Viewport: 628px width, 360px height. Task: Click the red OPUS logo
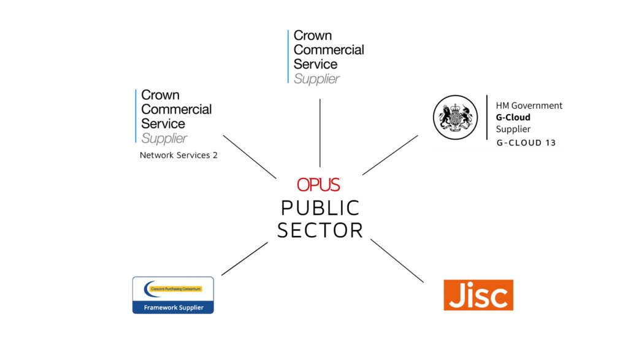(x=318, y=184)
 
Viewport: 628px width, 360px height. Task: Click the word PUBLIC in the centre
(x=320, y=208)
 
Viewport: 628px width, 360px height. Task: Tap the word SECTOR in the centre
(x=320, y=231)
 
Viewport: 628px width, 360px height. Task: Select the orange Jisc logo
(x=478, y=295)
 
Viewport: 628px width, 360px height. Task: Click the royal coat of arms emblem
(x=456, y=117)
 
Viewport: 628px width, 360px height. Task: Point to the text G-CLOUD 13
(x=526, y=143)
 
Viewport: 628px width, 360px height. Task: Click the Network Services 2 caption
(x=178, y=155)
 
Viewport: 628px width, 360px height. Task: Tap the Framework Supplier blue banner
(x=173, y=307)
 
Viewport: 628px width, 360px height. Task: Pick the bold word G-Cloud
(x=513, y=117)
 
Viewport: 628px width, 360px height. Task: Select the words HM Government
(x=529, y=105)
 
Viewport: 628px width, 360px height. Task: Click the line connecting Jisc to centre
(x=397, y=261)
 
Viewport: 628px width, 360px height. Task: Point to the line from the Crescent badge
(x=244, y=258)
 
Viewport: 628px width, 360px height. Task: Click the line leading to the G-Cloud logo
(x=390, y=155)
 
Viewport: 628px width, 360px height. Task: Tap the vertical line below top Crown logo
(x=320, y=132)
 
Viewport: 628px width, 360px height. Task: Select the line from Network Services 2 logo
(x=250, y=156)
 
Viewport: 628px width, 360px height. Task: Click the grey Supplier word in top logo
(x=316, y=79)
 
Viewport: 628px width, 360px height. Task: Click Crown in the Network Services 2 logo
(x=161, y=95)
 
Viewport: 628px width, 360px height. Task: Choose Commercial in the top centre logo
(x=329, y=50)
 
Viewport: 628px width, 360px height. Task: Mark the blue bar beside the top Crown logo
(x=288, y=56)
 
